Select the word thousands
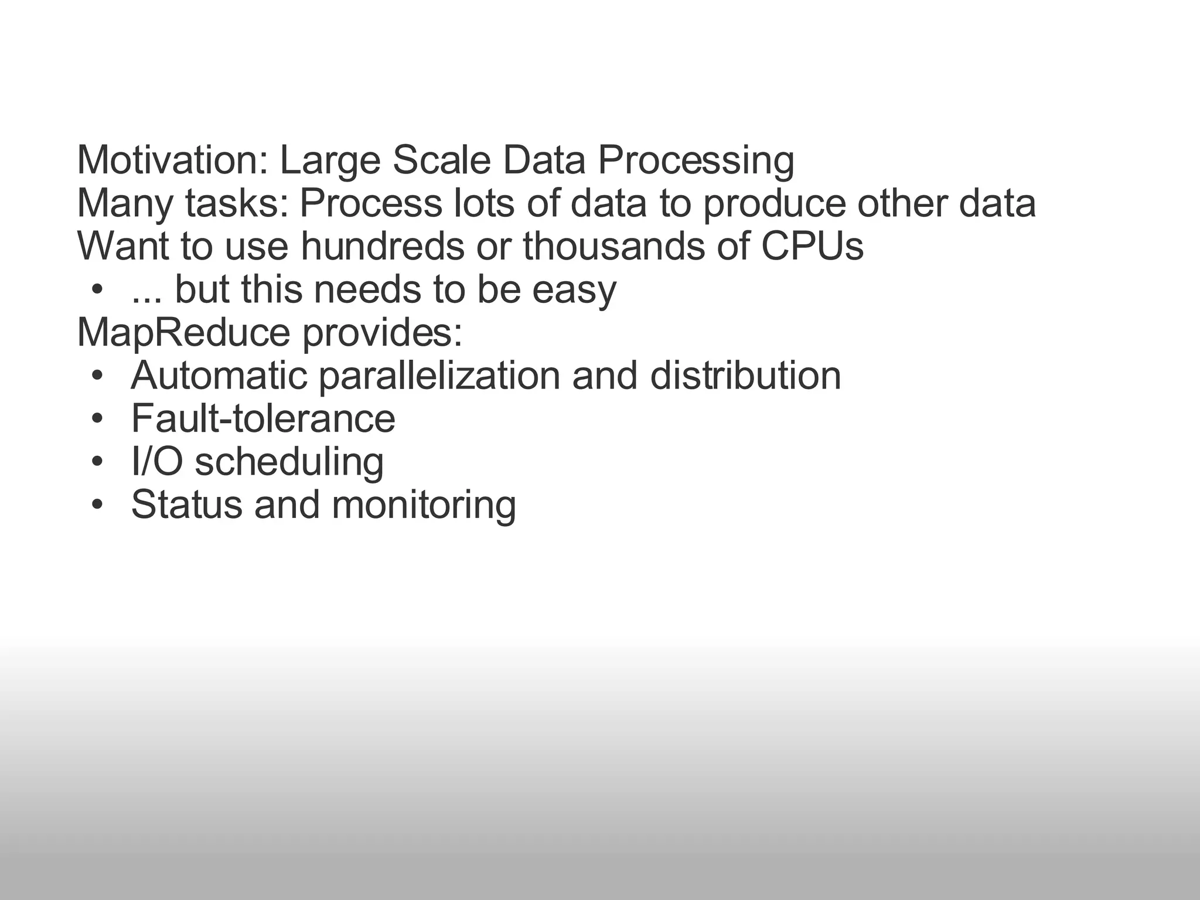613,246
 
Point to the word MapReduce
183,333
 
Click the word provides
382,333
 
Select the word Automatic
219,376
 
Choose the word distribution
745,376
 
